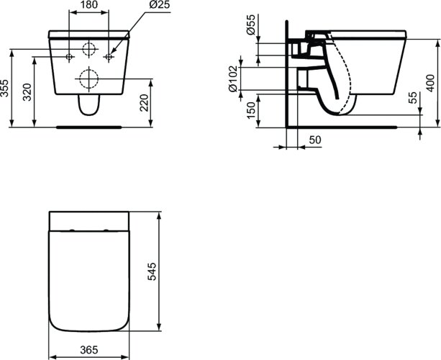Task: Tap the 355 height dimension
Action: click(x=6, y=88)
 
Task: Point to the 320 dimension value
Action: click(x=27, y=92)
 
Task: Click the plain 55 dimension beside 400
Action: click(x=412, y=99)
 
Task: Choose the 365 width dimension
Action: click(x=88, y=350)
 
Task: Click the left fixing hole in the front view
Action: click(x=69, y=56)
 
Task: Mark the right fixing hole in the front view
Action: click(x=109, y=56)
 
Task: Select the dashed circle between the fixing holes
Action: click(x=89, y=50)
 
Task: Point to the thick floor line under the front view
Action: click(x=88, y=125)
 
